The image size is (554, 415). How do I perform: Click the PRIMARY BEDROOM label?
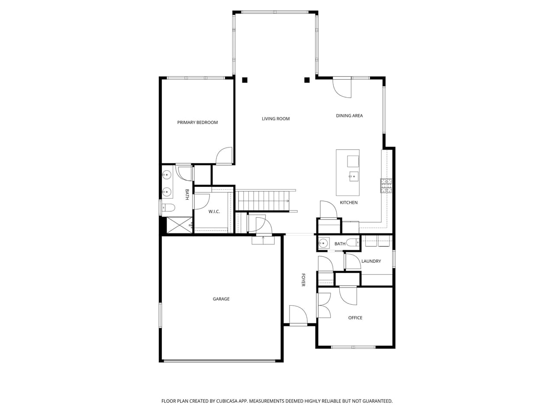pyautogui.click(x=197, y=122)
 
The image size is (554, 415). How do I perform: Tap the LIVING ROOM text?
pyautogui.click(x=276, y=118)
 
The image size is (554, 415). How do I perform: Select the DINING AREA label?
pyautogui.click(x=349, y=115)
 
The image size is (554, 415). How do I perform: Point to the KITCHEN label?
pyautogui.click(x=348, y=202)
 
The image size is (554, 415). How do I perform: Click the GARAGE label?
pyautogui.click(x=221, y=299)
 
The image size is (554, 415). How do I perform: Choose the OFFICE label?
pyautogui.click(x=355, y=318)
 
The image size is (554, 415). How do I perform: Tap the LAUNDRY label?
pyautogui.click(x=371, y=261)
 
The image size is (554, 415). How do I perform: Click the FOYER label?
pyautogui.click(x=303, y=280)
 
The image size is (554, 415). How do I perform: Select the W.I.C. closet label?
pyautogui.click(x=214, y=211)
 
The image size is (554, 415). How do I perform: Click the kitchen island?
pyautogui.click(x=348, y=172)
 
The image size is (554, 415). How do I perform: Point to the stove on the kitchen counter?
pyautogui.click(x=386, y=185)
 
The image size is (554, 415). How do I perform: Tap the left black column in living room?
pyautogui.click(x=245, y=80)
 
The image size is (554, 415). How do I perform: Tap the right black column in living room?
pyautogui.click(x=307, y=80)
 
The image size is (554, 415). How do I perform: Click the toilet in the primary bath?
pyautogui.click(x=168, y=208)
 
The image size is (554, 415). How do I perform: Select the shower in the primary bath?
pyautogui.click(x=179, y=225)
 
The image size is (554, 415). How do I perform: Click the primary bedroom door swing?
pyautogui.click(x=225, y=156)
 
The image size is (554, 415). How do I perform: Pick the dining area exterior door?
pyautogui.click(x=342, y=88)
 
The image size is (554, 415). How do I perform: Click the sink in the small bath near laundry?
pyautogui.click(x=323, y=243)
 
